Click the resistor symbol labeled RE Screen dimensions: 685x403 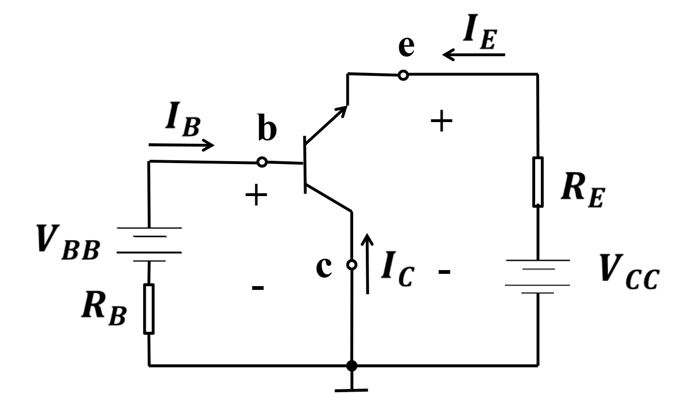point(538,182)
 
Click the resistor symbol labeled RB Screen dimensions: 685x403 point(149,309)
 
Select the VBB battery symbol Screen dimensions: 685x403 point(149,244)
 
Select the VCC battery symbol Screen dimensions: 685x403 point(537,276)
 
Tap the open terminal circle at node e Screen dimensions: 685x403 point(404,75)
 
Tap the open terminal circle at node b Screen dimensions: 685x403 point(262,162)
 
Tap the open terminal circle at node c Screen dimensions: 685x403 point(352,264)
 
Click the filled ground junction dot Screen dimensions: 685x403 point(352,366)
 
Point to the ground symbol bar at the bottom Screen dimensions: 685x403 point(351,390)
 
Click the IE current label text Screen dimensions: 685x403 point(480,32)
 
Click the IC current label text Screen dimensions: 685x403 point(398,269)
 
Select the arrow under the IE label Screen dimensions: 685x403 point(473,55)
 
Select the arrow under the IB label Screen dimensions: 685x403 point(182,145)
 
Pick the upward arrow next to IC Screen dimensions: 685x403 point(367,264)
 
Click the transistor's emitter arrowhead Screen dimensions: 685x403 point(342,110)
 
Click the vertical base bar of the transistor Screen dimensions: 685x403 point(305,165)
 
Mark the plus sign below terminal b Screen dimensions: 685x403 point(256,195)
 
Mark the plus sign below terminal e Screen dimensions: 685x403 point(441,121)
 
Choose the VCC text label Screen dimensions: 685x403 point(629,272)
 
